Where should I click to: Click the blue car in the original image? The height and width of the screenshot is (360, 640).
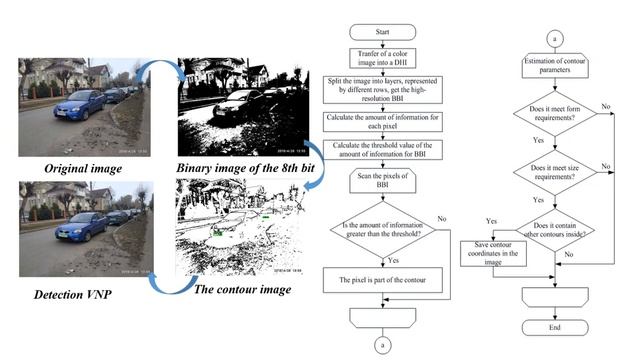pyautogui.click(x=80, y=105)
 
